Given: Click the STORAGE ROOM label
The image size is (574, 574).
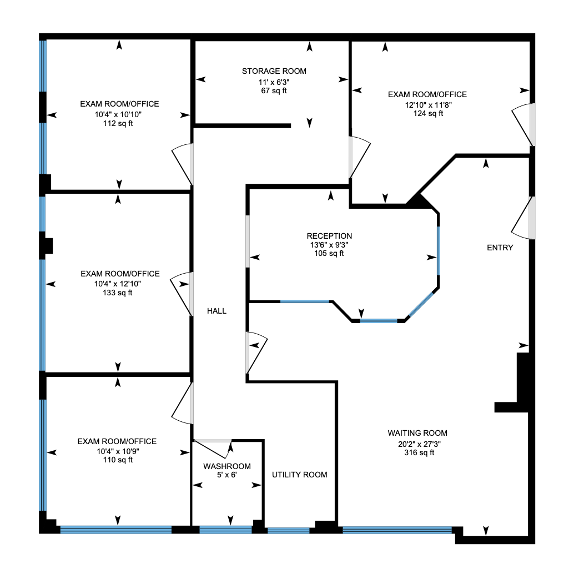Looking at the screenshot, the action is click(274, 71).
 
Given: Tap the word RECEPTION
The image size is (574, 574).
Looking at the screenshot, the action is click(329, 236).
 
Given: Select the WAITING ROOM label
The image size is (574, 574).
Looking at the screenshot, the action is click(417, 433).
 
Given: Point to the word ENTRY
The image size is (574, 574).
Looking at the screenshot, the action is click(500, 248).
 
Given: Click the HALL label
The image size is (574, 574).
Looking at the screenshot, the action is click(216, 311).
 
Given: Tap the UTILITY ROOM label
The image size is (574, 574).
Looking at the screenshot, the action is click(299, 475).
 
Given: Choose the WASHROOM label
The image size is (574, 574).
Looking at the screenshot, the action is click(227, 466).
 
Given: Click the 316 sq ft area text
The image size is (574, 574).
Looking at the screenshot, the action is click(419, 453).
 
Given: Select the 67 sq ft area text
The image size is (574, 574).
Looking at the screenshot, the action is click(274, 90).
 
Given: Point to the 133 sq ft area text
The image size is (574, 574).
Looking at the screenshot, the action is click(118, 293).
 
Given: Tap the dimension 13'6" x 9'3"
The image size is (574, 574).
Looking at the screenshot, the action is click(329, 245).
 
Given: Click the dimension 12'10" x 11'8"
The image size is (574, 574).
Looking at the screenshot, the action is click(429, 105).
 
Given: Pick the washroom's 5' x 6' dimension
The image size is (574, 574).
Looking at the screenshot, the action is click(227, 475).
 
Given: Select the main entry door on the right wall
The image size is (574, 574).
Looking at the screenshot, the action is click(523, 218).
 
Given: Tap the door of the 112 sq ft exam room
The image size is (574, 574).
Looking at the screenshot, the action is click(182, 164).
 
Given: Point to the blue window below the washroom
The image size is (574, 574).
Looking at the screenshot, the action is click(225, 530).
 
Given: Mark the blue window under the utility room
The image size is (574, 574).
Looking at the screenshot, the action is click(289, 531).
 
